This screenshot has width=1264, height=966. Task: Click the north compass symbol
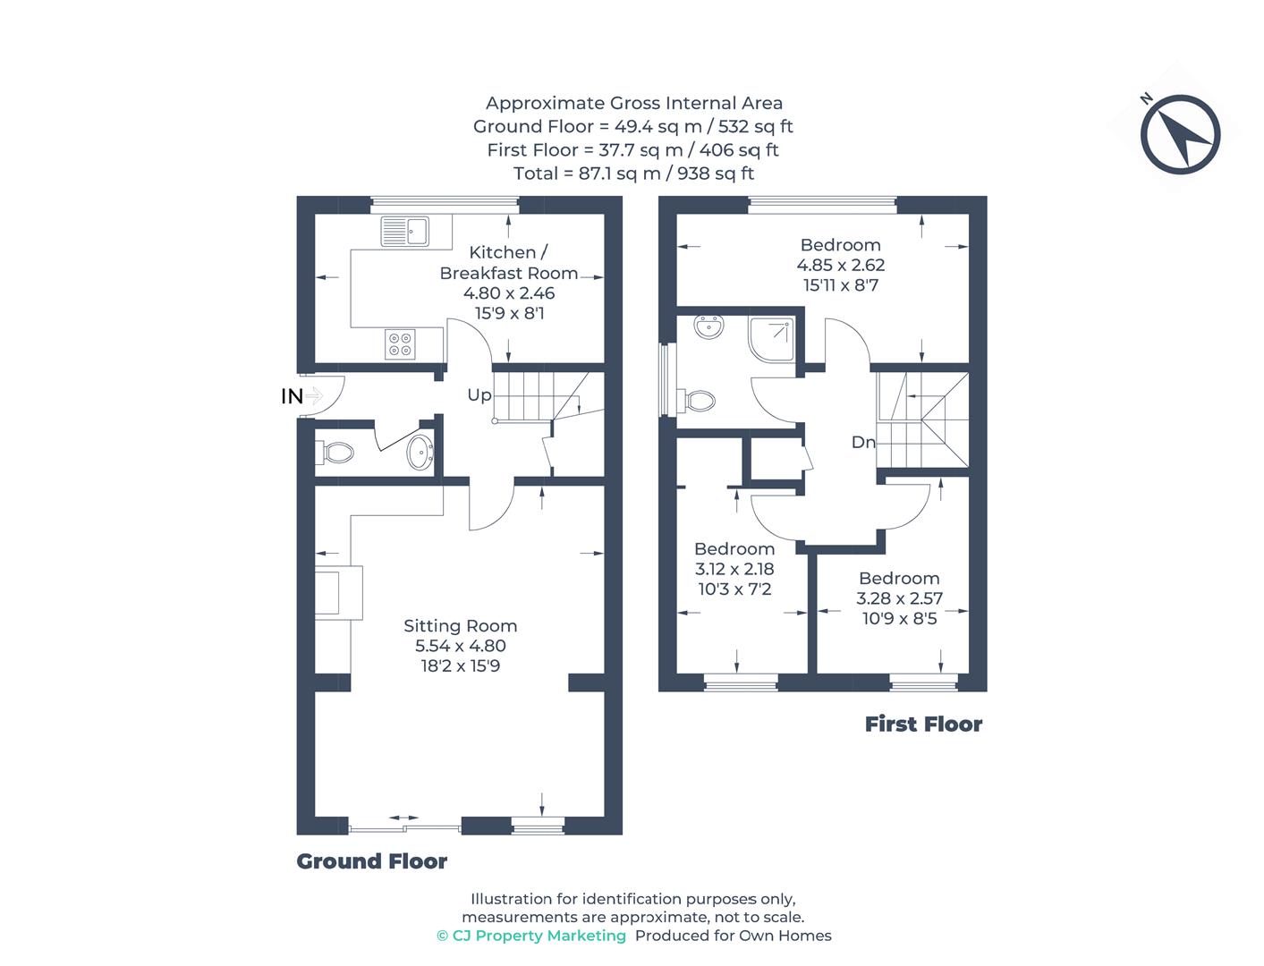click(x=1180, y=134)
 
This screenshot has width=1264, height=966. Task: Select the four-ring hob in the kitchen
click(x=400, y=344)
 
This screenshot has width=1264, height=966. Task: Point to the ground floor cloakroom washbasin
click(x=420, y=453)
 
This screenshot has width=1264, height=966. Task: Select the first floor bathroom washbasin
click(x=711, y=327)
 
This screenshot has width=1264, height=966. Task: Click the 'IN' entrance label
click(x=292, y=396)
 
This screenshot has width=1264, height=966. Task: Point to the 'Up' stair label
click(x=479, y=394)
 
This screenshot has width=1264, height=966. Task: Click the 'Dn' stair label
click(x=862, y=442)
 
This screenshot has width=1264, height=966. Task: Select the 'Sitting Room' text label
click(x=460, y=626)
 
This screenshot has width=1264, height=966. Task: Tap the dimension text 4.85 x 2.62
click(x=840, y=265)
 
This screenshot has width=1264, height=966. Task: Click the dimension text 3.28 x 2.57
click(x=899, y=598)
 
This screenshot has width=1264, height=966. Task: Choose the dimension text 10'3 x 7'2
click(x=734, y=589)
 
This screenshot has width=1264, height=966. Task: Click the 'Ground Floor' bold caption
click(x=371, y=861)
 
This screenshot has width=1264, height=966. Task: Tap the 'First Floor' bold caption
click(x=923, y=724)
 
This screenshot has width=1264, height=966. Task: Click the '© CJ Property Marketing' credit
click(x=531, y=936)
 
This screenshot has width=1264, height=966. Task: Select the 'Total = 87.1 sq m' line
click(x=633, y=173)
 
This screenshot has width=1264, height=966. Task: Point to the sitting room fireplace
click(x=339, y=592)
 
